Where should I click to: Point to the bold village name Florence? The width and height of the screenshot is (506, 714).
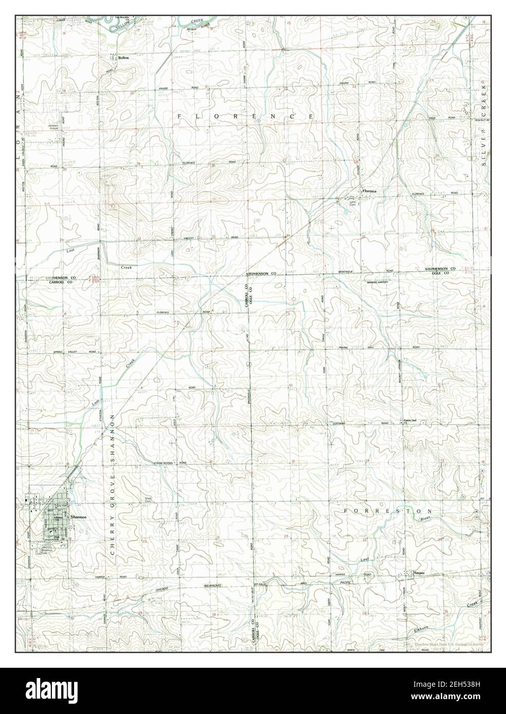coord(369,192)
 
